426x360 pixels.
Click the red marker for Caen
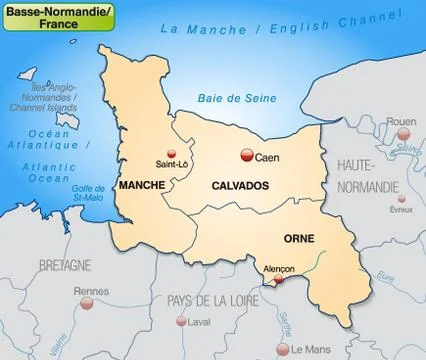(246, 155)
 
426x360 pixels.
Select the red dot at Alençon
(277, 282)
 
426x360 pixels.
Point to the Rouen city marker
(381, 135)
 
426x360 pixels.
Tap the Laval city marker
(181, 322)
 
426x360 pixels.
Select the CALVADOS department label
(240, 186)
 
